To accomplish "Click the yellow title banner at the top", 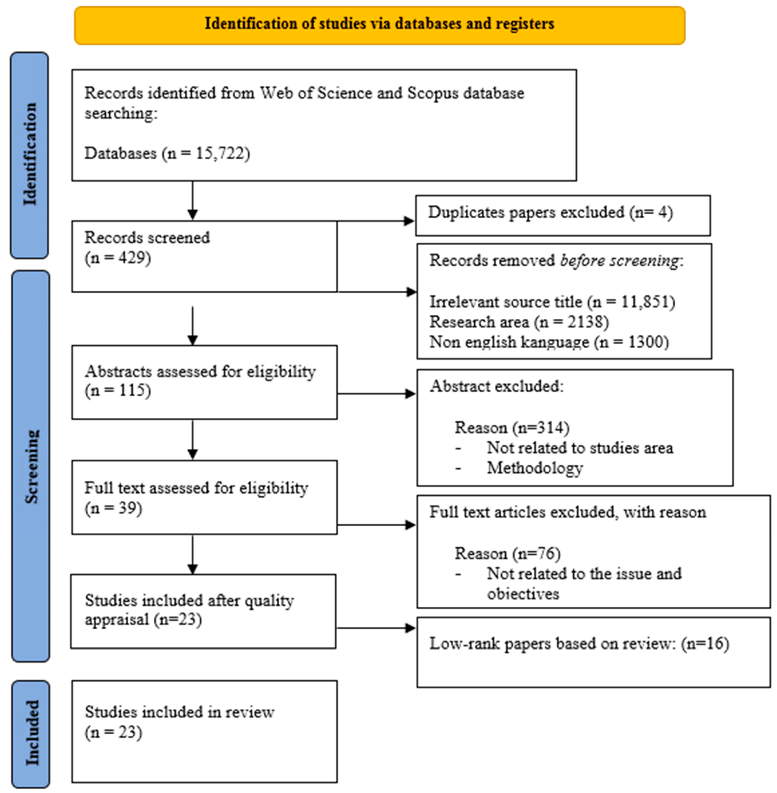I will (380, 25).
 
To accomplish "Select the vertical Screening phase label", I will (31, 466).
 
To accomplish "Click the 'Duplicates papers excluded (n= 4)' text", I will (550, 212).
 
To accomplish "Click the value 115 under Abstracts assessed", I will (133, 390).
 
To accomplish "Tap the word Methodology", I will (535, 468).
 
